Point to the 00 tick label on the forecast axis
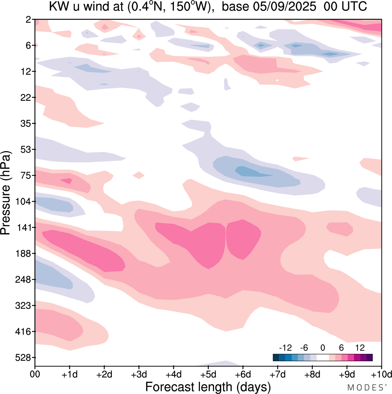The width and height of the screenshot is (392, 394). (x=35, y=374)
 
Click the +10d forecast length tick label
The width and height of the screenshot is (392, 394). (x=381, y=374)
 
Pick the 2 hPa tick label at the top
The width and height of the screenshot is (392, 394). (x=28, y=20)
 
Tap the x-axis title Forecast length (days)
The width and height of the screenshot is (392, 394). (x=208, y=387)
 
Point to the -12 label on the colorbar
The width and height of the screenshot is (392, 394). (x=285, y=348)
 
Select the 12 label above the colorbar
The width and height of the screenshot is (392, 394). (x=360, y=348)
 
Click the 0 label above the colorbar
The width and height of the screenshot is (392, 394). (x=322, y=348)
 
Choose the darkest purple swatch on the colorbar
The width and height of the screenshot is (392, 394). (x=369, y=358)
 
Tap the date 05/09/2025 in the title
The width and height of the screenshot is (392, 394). (x=287, y=7)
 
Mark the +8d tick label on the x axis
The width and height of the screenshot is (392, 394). (x=312, y=374)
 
